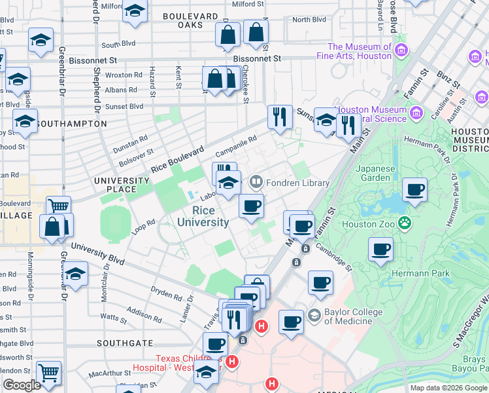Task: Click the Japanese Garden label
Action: (x=376, y=173)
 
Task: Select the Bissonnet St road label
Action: (x=257, y=58)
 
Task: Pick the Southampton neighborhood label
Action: (x=71, y=123)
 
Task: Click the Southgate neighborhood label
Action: (x=124, y=343)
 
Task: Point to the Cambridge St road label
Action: (x=334, y=257)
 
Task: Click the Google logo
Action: (x=22, y=385)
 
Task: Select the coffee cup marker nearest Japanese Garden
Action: (x=414, y=191)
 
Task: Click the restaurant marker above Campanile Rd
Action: (x=280, y=117)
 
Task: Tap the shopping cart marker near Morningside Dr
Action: (x=48, y=373)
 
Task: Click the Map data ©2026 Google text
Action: (x=448, y=388)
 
